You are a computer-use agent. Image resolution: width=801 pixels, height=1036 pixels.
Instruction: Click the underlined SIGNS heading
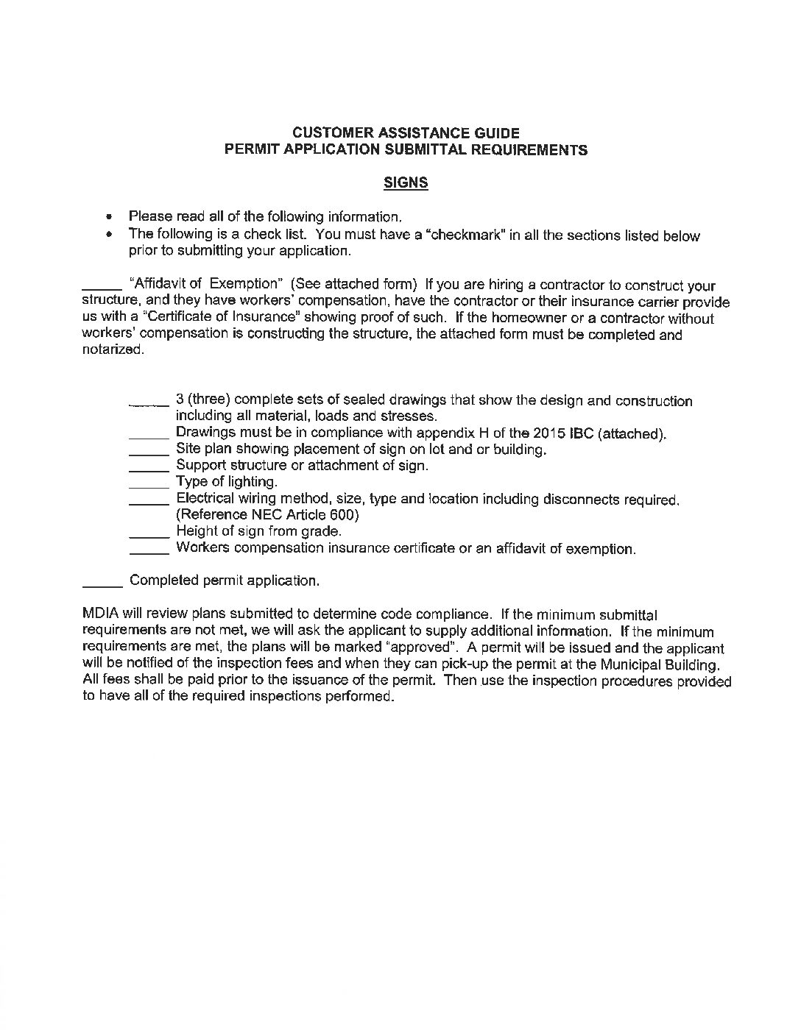tap(406, 182)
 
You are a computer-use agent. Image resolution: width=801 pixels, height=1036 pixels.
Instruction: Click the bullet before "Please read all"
tap(110, 217)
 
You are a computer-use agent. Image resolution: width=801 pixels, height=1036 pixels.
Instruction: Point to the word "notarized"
tap(111, 351)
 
